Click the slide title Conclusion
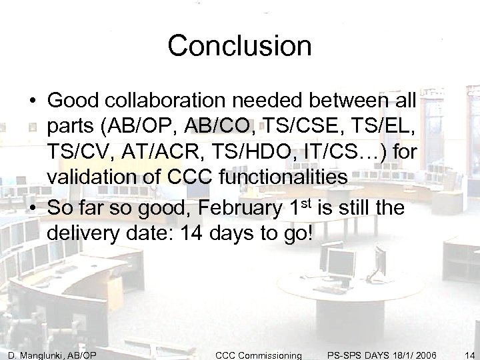point(239,46)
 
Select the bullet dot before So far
point(32,209)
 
